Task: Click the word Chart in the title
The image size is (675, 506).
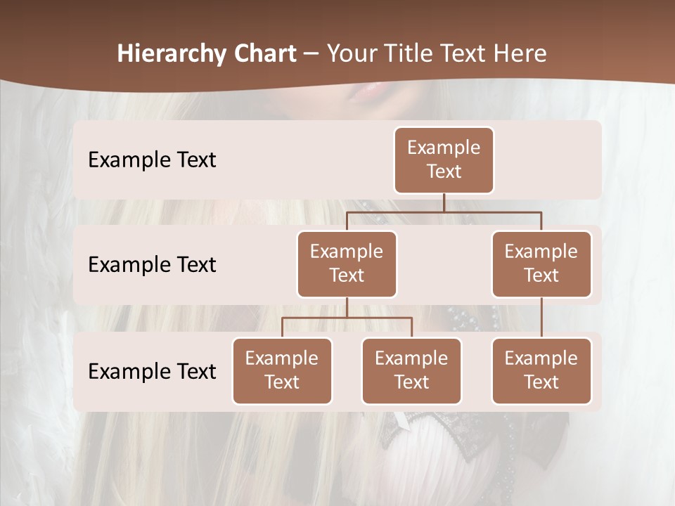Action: (x=264, y=54)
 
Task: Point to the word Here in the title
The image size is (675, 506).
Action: (x=520, y=54)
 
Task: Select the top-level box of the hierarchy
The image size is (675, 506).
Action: (x=444, y=160)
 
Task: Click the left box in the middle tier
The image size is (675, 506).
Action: (x=347, y=264)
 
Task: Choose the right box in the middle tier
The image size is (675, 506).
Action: (x=541, y=264)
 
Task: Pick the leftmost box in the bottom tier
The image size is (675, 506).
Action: (x=282, y=371)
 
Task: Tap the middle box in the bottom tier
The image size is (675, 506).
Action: (x=411, y=371)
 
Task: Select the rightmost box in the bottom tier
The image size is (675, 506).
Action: (x=541, y=371)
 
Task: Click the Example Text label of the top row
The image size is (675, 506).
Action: (x=152, y=160)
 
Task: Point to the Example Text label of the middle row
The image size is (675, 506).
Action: (x=152, y=265)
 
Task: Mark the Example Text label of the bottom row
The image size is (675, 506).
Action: (x=152, y=372)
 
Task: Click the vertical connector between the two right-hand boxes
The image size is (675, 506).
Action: (x=541, y=318)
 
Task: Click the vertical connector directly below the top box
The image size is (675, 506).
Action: (x=444, y=202)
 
